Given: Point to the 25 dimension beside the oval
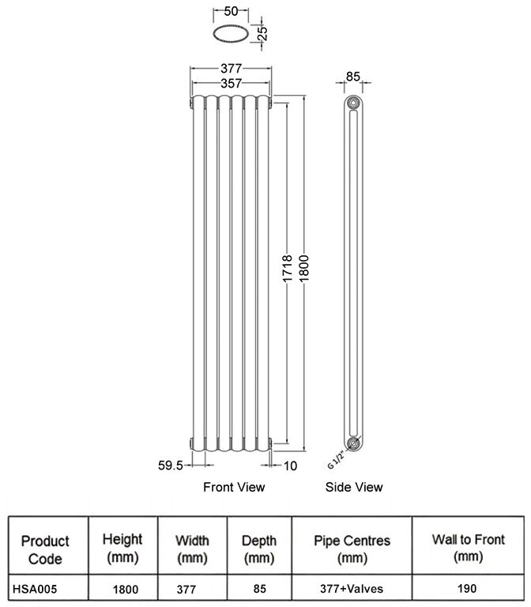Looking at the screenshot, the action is (x=263, y=34).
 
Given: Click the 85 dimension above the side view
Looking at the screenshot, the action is (x=353, y=77).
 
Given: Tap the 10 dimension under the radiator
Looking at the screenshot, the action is (x=290, y=466).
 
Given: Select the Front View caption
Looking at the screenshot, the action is (x=234, y=487).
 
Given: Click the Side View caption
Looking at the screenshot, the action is (x=354, y=487).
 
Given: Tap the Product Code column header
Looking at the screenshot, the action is (x=45, y=549).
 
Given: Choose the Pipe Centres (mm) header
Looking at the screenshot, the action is (x=352, y=549).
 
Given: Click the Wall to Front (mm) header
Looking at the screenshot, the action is (x=469, y=549).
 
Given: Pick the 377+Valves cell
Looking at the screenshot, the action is (x=352, y=589).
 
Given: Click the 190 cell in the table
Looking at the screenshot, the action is (x=469, y=589).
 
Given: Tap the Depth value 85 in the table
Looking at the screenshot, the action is (x=259, y=589).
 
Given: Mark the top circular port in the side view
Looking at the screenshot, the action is (x=353, y=103).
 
